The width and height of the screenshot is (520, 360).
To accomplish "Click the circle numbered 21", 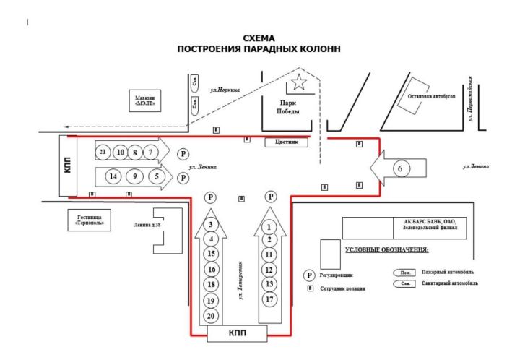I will click(103, 153).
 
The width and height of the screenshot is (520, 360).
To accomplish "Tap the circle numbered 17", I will click(269, 298).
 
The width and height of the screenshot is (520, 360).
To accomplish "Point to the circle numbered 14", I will click(112, 176).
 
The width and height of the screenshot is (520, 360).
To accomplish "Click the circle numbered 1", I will click(269, 226).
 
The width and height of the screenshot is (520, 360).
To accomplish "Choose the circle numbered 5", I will click(155, 176).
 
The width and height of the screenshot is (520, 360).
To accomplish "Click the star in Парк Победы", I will click(298, 84).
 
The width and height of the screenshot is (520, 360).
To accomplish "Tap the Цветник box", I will click(287, 142).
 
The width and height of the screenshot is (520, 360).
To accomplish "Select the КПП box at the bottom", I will click(237, 333).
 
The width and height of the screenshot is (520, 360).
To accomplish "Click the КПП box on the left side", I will click(69, 166).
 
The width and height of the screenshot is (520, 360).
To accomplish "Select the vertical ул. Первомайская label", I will click(470, 97).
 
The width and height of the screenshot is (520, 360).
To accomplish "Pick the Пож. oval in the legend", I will click(399, 272).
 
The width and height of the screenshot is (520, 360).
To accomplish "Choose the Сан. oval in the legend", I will click(399, 285).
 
